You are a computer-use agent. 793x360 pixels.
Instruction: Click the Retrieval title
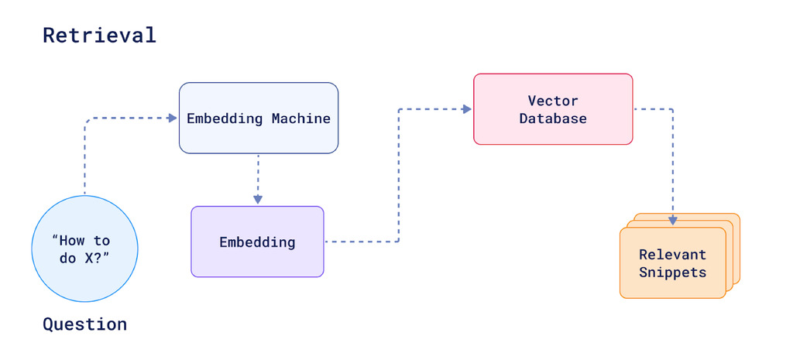point(99,35)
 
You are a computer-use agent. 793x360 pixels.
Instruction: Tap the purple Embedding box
point(257,242)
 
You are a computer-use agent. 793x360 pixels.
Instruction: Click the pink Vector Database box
point(553,109)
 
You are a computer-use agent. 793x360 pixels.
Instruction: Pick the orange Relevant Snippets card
point(672,263)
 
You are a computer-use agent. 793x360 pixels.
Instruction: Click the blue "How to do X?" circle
point(84,249)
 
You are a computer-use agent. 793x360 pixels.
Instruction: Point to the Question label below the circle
point(84,324)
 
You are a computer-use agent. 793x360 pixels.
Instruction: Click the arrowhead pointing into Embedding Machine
point(173,118)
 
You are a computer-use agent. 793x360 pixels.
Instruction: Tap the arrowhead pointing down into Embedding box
point(258,199)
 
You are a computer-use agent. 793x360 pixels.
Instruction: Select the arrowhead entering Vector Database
point(467,109)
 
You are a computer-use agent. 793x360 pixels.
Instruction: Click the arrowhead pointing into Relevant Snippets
point(672,221)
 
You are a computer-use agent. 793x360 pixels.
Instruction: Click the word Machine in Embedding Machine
point(300,118)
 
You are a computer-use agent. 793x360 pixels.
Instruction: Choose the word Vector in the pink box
point(553,101)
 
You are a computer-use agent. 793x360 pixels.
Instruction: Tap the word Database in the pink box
point(553,118)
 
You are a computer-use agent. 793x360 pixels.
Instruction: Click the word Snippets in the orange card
point(672,272)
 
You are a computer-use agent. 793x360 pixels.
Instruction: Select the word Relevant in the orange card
point(672,255)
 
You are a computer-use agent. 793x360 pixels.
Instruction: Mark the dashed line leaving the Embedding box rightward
point(361,242)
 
